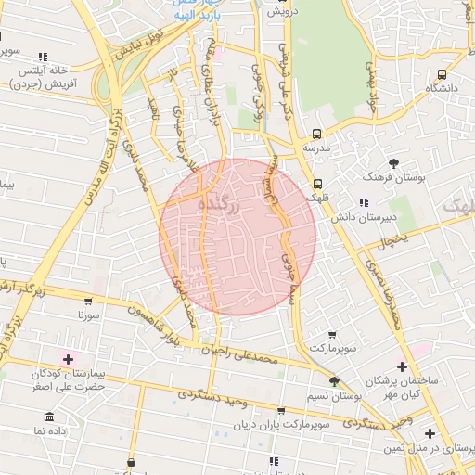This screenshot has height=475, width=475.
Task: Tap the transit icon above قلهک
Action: tap(318, 184)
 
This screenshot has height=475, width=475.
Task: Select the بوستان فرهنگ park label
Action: tap(394, 176)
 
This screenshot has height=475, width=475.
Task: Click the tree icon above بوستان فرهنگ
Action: tap(394, 162)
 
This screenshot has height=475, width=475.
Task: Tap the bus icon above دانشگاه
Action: tap(442, 74)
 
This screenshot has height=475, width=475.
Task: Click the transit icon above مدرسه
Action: tap(316, 134)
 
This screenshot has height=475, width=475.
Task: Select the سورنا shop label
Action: tap(88, 315)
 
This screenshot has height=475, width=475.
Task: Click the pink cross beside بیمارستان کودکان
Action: tap(68, 358)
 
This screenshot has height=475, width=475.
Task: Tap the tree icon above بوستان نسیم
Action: tap(334, 381)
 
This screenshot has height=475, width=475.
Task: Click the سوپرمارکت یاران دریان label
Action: tap(281, 425)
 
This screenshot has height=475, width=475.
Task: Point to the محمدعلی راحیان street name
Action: tap(244, 353)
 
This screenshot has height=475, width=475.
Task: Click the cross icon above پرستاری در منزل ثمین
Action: tap(430, 433)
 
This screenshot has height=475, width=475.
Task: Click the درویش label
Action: tap(279, 12)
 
